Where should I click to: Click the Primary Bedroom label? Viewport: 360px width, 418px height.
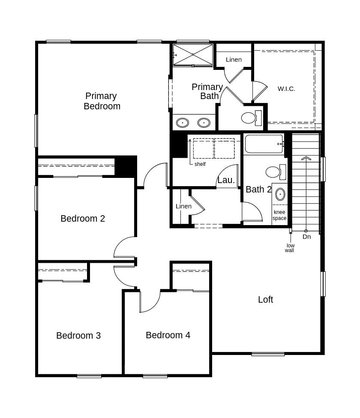pyautogui.click(x=102, y=101)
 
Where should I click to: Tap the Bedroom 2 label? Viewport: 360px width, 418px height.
pyautogui.click(x=83, y=219)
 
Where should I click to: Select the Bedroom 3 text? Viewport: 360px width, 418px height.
pyautogui.click(x=78, y=336)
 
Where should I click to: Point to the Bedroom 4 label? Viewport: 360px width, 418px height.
pyautogui.click(x=168, y=335)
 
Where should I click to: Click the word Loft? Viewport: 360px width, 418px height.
pyautogui.click(x=265, y=300)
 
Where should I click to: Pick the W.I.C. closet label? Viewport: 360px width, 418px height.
pyautogui.click(x=286, y=89)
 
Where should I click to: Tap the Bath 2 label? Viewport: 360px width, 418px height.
pyautogui.click(x=258, y=189)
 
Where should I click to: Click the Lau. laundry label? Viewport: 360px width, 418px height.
pyautogui.click(x=226, y=180)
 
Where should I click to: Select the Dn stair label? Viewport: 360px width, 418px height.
pyautogui.click(x=306, y=237)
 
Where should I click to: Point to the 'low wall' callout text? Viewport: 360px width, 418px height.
pyautogui.click(x=290, y=248)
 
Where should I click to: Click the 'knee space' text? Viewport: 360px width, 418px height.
pyautogui.click(x=279, y=215)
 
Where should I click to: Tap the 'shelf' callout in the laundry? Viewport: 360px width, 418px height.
pyautogui.click(x=200, y=164)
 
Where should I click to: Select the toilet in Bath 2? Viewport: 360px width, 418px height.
pyautogui.click(x=273, y=172)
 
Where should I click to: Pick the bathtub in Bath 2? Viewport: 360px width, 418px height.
pyautogui.click(x=264, y=144)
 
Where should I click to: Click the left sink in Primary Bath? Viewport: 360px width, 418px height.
pyautogui.click(x=183, y=123)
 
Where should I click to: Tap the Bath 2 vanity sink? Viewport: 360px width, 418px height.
pyautogui.click(x=280, y=194)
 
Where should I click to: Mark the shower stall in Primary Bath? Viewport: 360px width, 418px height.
pyautogui.click(x=193, y=54)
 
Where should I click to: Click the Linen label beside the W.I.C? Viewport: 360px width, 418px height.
pyautogui.click(x=234, y=60)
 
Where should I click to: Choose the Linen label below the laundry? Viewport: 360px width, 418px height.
pyautogui.click(x=183, y=206)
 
